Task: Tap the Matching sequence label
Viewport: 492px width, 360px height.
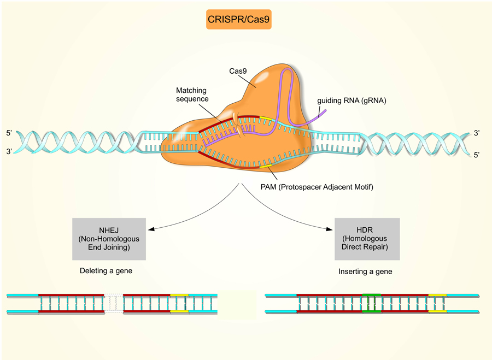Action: coord(192,94)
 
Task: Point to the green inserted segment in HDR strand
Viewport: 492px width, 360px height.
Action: coord(371,303)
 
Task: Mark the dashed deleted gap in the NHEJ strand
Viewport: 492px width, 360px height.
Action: coord(114,303)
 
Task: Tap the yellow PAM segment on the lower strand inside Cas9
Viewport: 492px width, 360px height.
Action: coord(266,163)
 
